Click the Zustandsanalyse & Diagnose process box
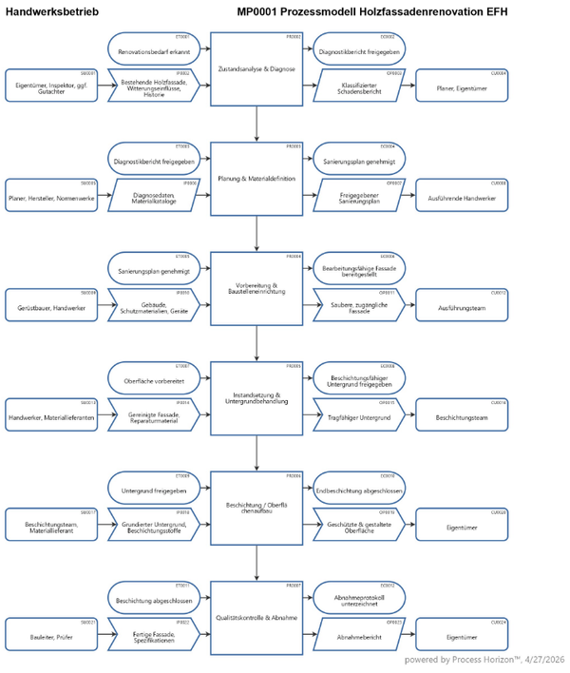(x=256, y=68)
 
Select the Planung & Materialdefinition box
(x=256, y=178)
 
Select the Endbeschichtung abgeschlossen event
(x=359, y=490)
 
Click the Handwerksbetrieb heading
(x=47, y=10)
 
